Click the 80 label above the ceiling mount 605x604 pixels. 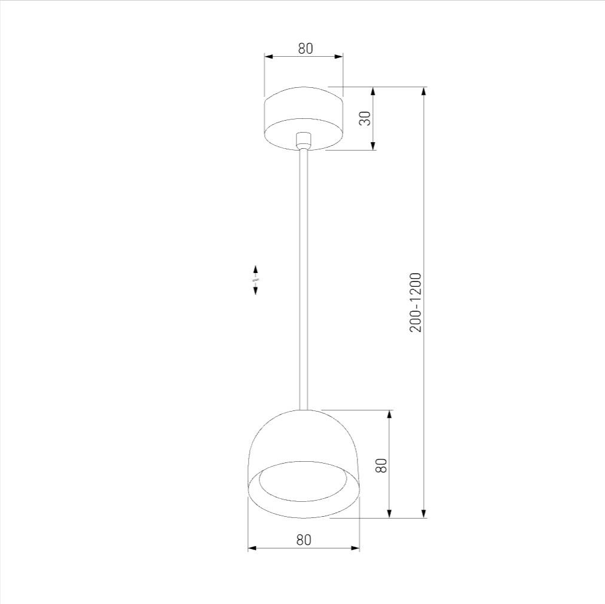point(305,48)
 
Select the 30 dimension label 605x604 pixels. point(365,118)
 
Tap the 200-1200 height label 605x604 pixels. point(416,302)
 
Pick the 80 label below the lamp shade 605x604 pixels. point(304,540)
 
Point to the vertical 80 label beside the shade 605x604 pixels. point(380,465)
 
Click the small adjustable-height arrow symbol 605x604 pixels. point(255,280)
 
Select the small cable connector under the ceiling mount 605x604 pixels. point(303,140)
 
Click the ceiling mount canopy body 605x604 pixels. point(303,118)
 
